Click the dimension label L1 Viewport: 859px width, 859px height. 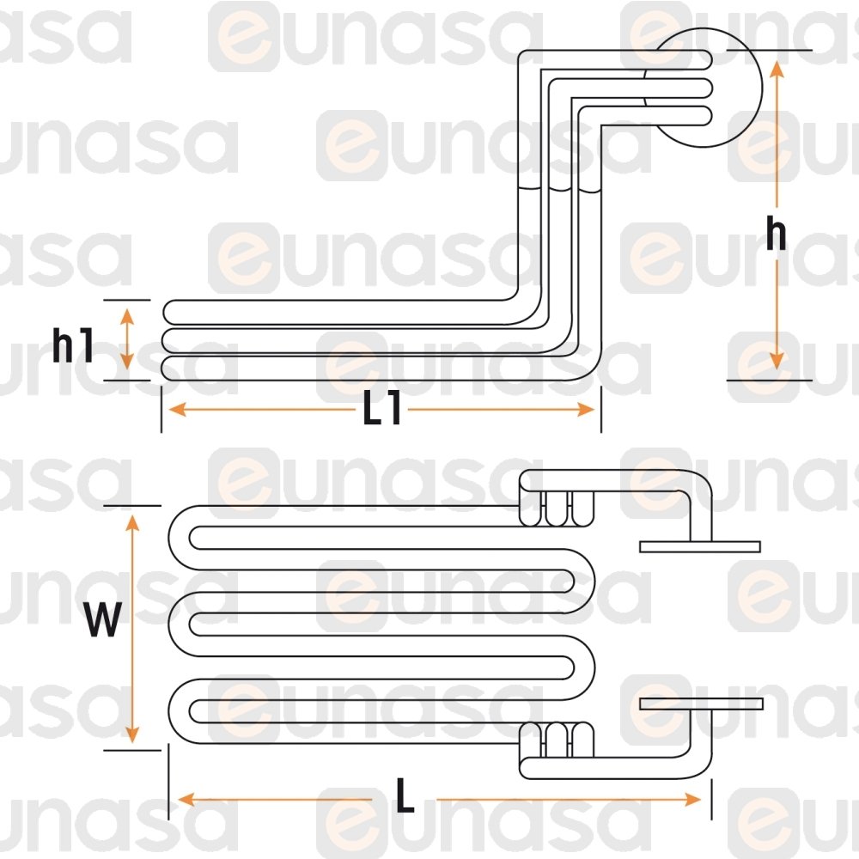[381, 410]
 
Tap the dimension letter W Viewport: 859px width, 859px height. [102, 620]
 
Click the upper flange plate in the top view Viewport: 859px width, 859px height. [700, 546]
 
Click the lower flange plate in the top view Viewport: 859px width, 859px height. [701, 704]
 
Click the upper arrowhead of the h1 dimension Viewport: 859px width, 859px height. [127, 314]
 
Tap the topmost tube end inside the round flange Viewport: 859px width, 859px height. [706, 58]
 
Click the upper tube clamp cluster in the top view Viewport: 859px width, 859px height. [558, 509]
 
